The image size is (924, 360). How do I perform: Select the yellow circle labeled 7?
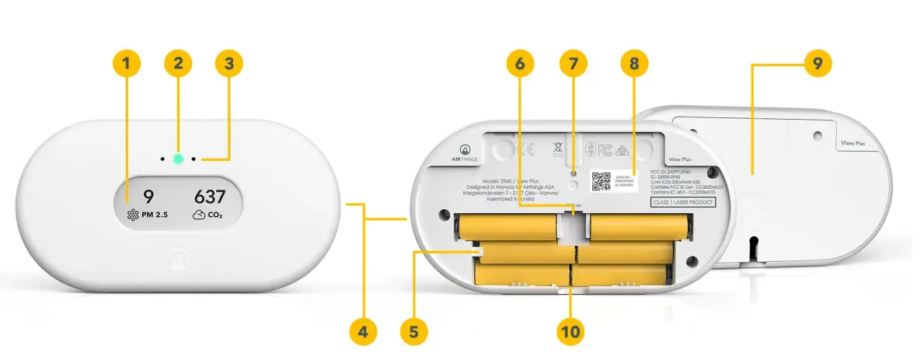(x=574, y=65)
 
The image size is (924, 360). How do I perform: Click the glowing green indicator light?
(x=178, y=158)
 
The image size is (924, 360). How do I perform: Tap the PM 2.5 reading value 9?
(x=148, y=197)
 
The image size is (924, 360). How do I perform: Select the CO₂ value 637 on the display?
(x=209, y=197)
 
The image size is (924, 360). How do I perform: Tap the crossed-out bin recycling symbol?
(x=557, y=147)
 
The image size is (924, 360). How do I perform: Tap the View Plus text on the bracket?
(x=855, y=144)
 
